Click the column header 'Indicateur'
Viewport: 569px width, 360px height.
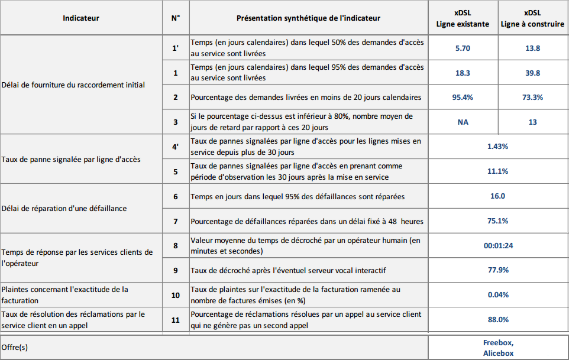tap(81, 18)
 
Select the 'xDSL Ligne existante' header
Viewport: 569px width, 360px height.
tap(463, 18)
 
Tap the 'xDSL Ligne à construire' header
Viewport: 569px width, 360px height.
tap(532, 18)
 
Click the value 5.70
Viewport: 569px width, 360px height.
tap(463, 48)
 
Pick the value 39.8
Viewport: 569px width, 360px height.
tap(532, 73)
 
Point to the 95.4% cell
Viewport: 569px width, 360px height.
tap(463, 97)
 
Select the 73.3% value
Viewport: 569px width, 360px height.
tap(532, 97)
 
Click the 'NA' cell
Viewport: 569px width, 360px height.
tap(463, 122)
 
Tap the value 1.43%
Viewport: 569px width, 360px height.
tap(497, 147)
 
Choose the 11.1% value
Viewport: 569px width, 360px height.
tap(497, 171)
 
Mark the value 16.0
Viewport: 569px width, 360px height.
tap(497, 196)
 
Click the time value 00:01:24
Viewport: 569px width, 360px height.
tap(497, 245)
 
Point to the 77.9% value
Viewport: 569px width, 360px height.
tap(497, 270)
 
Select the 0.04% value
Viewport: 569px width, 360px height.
tap(497, 294)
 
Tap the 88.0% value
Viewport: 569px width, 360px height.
tap(497, 320)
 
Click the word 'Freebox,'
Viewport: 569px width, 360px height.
tap(498, 342)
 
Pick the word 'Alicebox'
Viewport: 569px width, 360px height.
tap(498, 353)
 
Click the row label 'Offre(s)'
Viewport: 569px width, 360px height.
tap(15, 348)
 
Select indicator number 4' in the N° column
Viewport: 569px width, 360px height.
tap(175, 147)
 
